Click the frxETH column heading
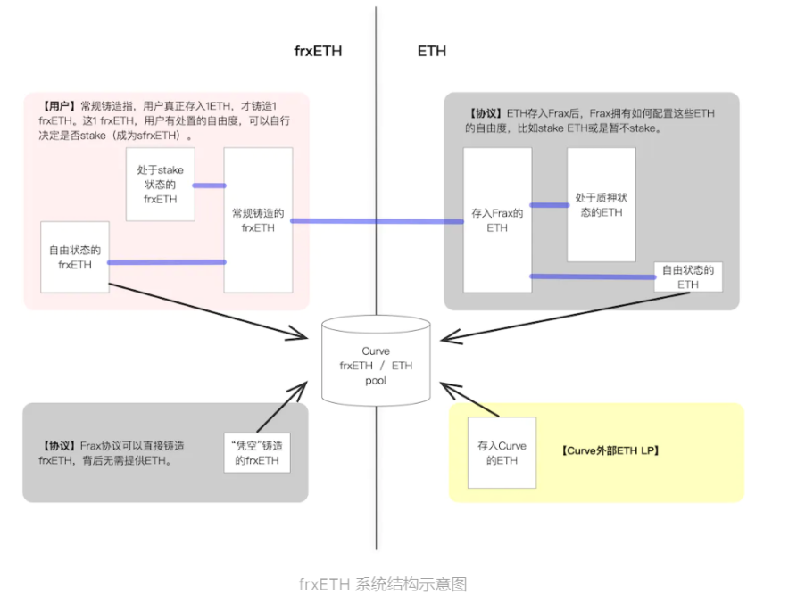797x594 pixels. (318, 51)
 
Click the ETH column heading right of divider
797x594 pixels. (431, 51)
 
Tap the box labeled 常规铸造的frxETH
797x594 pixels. (258, 220)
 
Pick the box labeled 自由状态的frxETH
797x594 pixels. (75, 257)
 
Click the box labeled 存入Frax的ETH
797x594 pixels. (497, 220)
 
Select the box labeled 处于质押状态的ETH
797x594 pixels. (601, 205)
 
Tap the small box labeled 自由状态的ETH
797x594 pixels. (687, 276)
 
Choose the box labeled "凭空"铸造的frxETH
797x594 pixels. (256, 453)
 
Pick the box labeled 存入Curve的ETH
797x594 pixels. (502, 452)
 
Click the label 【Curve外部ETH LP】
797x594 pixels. (610, 451)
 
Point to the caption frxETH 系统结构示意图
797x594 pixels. (383, 584)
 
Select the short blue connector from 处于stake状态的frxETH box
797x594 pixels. (209, 186)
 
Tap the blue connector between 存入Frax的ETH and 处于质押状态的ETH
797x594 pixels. (549, 204)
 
